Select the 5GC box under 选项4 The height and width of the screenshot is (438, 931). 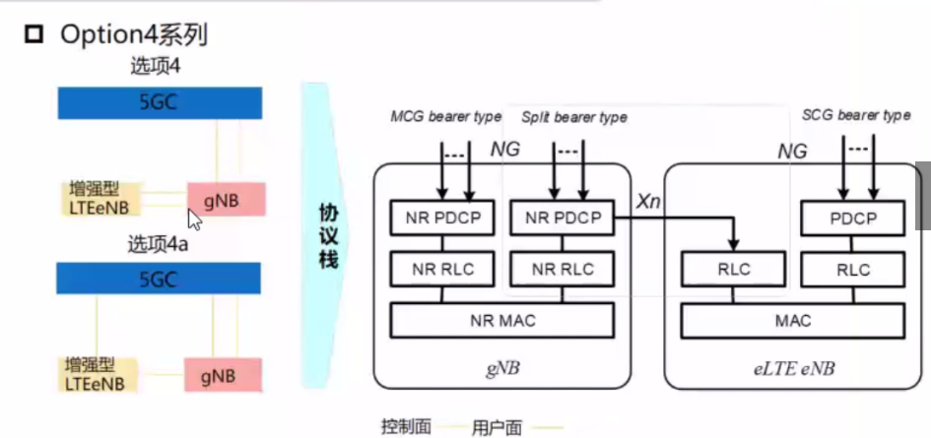[159, 101]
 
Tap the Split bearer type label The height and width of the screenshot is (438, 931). [574, 117]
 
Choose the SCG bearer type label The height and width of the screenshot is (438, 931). [856, 115]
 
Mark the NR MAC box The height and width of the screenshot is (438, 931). [500, 320]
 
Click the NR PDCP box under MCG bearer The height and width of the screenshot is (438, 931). [441, 218]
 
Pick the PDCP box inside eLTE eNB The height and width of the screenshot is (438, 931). [853, 218]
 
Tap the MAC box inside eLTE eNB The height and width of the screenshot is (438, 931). [792, 320]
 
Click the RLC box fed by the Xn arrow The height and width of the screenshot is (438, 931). [734, 268]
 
